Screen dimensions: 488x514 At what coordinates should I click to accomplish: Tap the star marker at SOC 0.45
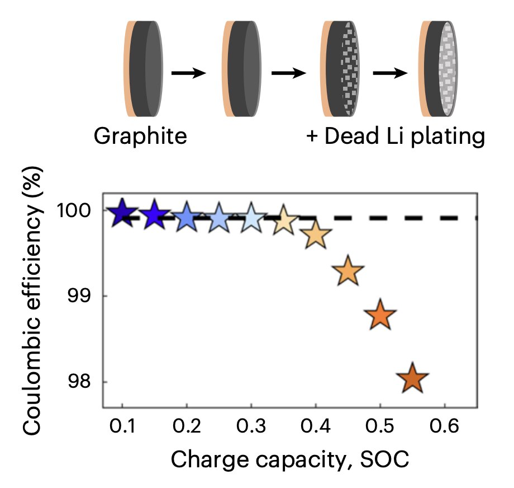(348, 271)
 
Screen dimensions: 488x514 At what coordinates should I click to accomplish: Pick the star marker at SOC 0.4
(316, 235)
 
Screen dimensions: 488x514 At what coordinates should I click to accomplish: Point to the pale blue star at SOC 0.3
(251, 217)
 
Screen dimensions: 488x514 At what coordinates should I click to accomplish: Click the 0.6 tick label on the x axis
(444, 428)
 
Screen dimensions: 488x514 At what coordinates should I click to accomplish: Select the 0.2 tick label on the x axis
(186, 428)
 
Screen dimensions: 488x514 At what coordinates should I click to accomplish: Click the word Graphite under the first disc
(140, 136)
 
